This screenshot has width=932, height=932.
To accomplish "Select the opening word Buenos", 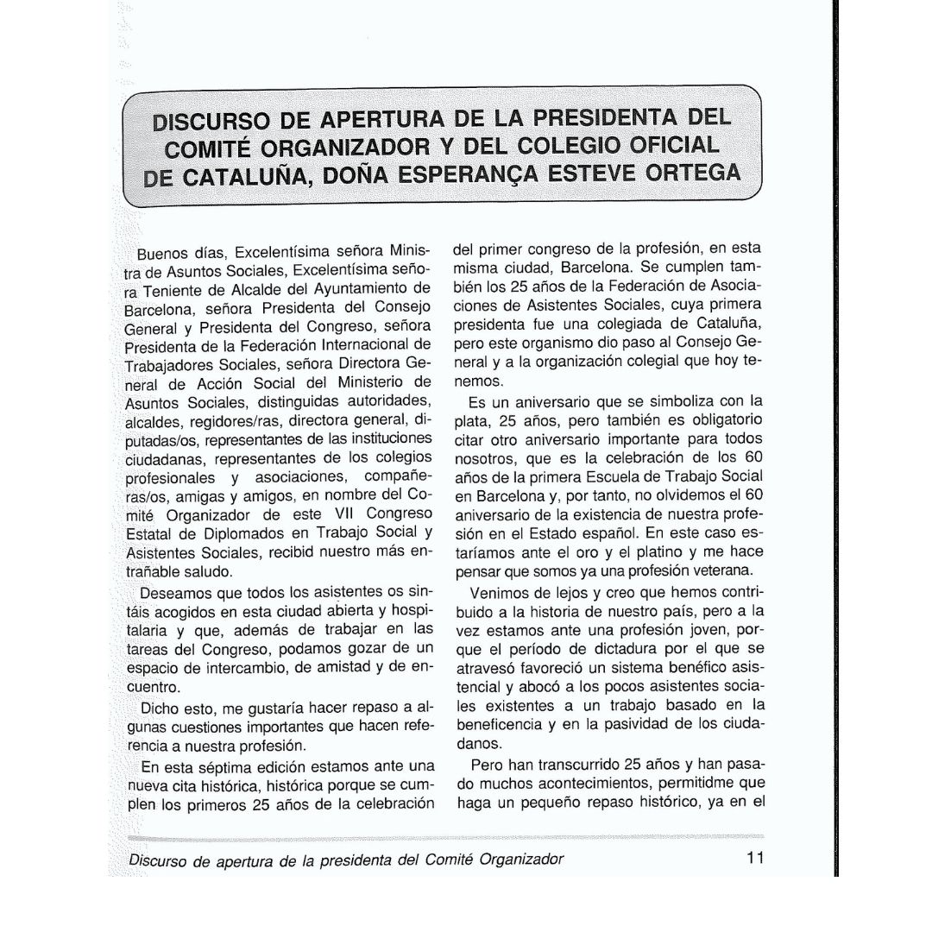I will pyautogui.click(x=161, y=255).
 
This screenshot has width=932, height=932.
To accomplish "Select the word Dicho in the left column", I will pyautogui.click(x=160, y=708).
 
